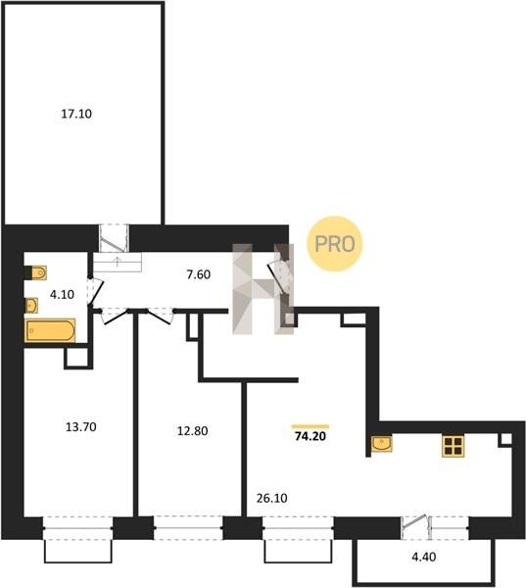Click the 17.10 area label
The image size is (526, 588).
coord(76,114)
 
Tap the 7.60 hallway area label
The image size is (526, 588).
coord(198,274)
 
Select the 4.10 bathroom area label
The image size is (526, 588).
coord(62,294)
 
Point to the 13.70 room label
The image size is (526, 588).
coord(81,426)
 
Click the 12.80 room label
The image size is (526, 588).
coord(192,431)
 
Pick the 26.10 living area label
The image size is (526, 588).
coord(272,498)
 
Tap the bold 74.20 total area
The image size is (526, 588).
coord(311,436)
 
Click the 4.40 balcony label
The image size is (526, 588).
coord(424,557)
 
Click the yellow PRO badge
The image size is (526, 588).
coord(335,244)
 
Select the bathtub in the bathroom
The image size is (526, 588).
coord(50,330)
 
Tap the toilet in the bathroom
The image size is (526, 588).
coord(38,272)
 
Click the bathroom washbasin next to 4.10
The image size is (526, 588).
coord(31,306)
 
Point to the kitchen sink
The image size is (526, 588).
coord(382,444)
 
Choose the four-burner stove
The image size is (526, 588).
coord(453,446)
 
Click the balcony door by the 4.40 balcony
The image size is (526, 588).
coord(414,526)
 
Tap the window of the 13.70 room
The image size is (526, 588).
coord(77,528)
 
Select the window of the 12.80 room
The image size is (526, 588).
coord(188,528)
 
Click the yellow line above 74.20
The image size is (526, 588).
coord(311,426)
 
